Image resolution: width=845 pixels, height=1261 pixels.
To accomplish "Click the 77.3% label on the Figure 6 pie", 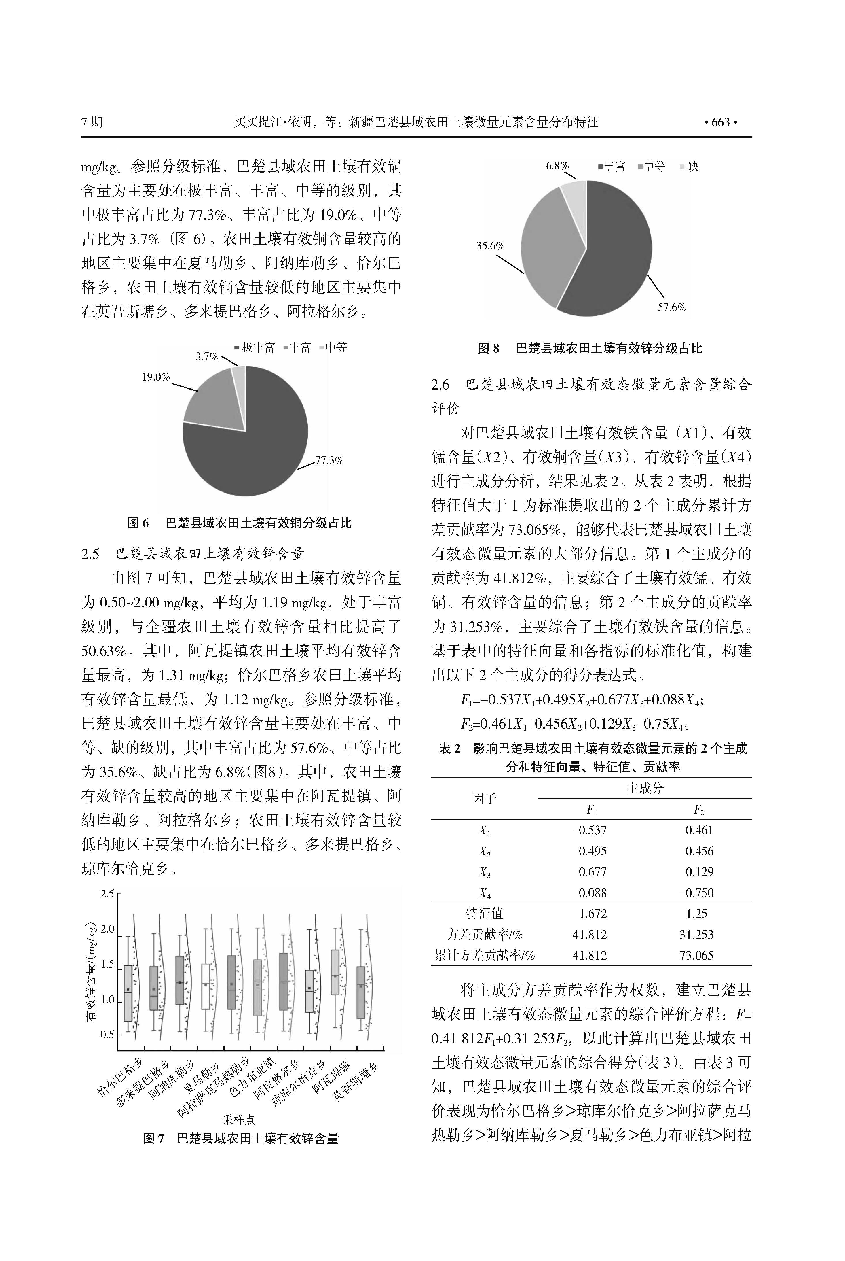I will click(329, 460).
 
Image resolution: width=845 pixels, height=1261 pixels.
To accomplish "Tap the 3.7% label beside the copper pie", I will click(206, 356).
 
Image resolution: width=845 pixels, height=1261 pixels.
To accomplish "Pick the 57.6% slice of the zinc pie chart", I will click(614, 254).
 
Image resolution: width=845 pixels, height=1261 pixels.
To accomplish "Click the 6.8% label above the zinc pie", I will click(557, 166).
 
